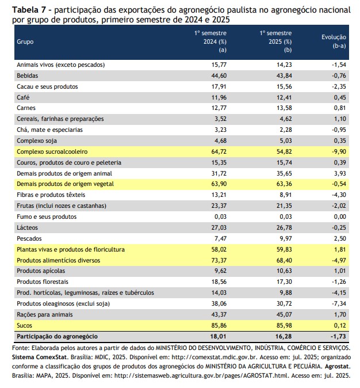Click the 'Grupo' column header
click(x=25, y=42)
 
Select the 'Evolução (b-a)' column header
click(x=334, y=41)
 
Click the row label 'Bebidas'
click(x=27, y=76)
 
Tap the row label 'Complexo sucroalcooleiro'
click(x=52, y=151)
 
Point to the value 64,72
click(x=219, y=151)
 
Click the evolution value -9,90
click(x=339, y=151)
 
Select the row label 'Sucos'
click(x=24, y=325)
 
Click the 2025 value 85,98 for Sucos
click(x=284, y=325)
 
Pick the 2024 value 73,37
click(x=219, y=260)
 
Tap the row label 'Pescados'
click(x=29, y=238)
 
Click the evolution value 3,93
click(x=340, y=173)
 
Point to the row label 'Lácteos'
click(x=27, y=227)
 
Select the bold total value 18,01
click(x=219, y=337)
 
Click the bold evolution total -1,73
click(x=338, y=337)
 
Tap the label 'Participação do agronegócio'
click(x=57, y=337)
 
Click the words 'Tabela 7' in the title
click(x=29, y=10)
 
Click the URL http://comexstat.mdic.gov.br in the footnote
click(x=215, y=357)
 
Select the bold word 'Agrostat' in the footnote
click(x=338, y=367)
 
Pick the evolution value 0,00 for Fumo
click(x=340, y=217)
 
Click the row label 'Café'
click(x=23, y=97)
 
